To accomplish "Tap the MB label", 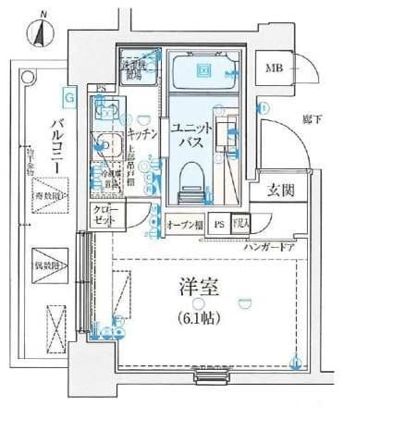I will pos(275,68).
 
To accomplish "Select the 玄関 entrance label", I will pos(281,191).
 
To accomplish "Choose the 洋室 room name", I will pos(199,287).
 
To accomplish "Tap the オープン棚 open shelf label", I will pos(185,225).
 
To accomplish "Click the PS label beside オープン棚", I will pos(218,225).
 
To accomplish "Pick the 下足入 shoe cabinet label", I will pos(240,225).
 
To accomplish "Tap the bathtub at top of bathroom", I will pos(204,70).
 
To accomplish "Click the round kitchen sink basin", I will pos(106,145).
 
